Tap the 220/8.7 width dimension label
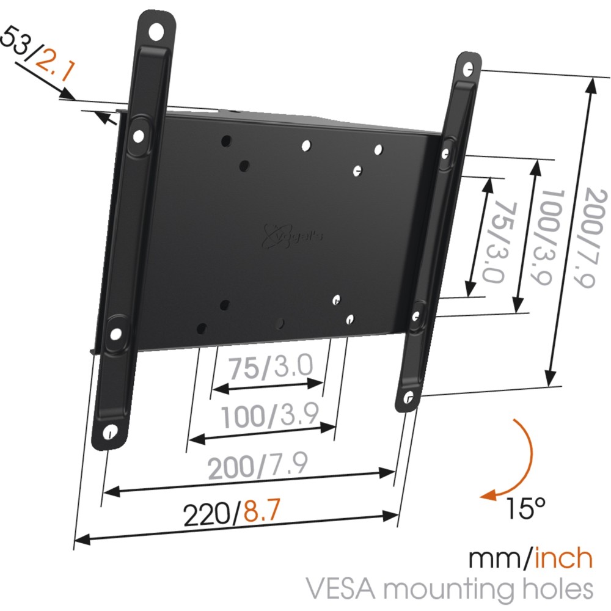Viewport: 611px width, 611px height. click(232, 511)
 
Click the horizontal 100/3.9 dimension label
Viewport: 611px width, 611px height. click(270, 416)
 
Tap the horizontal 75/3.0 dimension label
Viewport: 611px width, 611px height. click(271, 367)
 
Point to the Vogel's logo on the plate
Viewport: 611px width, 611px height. click(291, 236)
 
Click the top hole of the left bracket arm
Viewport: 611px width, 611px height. click(156, 31)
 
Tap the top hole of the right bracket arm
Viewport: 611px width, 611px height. click(469, 68)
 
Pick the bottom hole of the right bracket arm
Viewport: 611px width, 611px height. click(408, 398)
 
